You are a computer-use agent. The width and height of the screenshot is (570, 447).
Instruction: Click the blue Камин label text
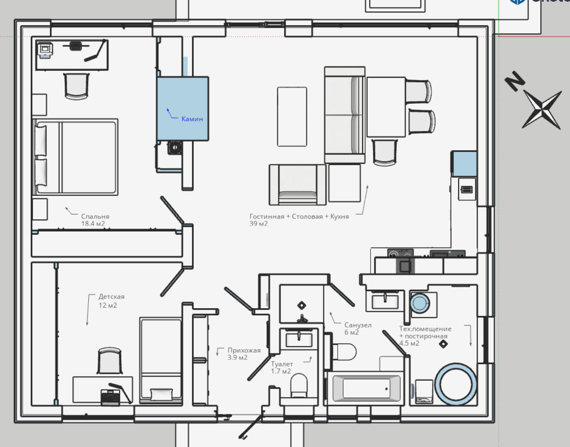tap(192, 119)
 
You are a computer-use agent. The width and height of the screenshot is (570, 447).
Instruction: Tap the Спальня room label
tap(95, 216)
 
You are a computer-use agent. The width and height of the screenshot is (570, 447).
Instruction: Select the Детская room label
tap(111, 297)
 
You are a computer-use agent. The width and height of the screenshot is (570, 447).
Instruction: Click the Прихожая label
tap(244, 350)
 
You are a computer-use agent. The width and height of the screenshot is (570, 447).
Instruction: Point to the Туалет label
tap(282, 364)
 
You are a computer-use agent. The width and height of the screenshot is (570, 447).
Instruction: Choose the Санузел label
tap(358, 325)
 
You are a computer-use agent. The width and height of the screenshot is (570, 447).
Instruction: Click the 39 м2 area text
tap(258, 223)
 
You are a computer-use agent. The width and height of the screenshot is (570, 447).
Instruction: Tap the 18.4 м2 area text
tap(92, 223)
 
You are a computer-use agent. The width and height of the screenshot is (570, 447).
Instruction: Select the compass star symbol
tap(542, 110)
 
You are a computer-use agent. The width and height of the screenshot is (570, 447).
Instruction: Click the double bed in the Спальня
tap(75, 157)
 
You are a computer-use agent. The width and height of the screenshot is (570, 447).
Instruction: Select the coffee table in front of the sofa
tap(292, 117)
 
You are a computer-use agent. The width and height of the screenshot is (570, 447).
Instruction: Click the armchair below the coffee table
tap(298, 185)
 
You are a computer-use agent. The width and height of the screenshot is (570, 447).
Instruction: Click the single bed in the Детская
tap(161, 360)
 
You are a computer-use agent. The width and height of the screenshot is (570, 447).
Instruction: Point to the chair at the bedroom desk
tap(77, 86)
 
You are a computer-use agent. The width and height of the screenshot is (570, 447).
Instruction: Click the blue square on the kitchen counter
tap(464, 164)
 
